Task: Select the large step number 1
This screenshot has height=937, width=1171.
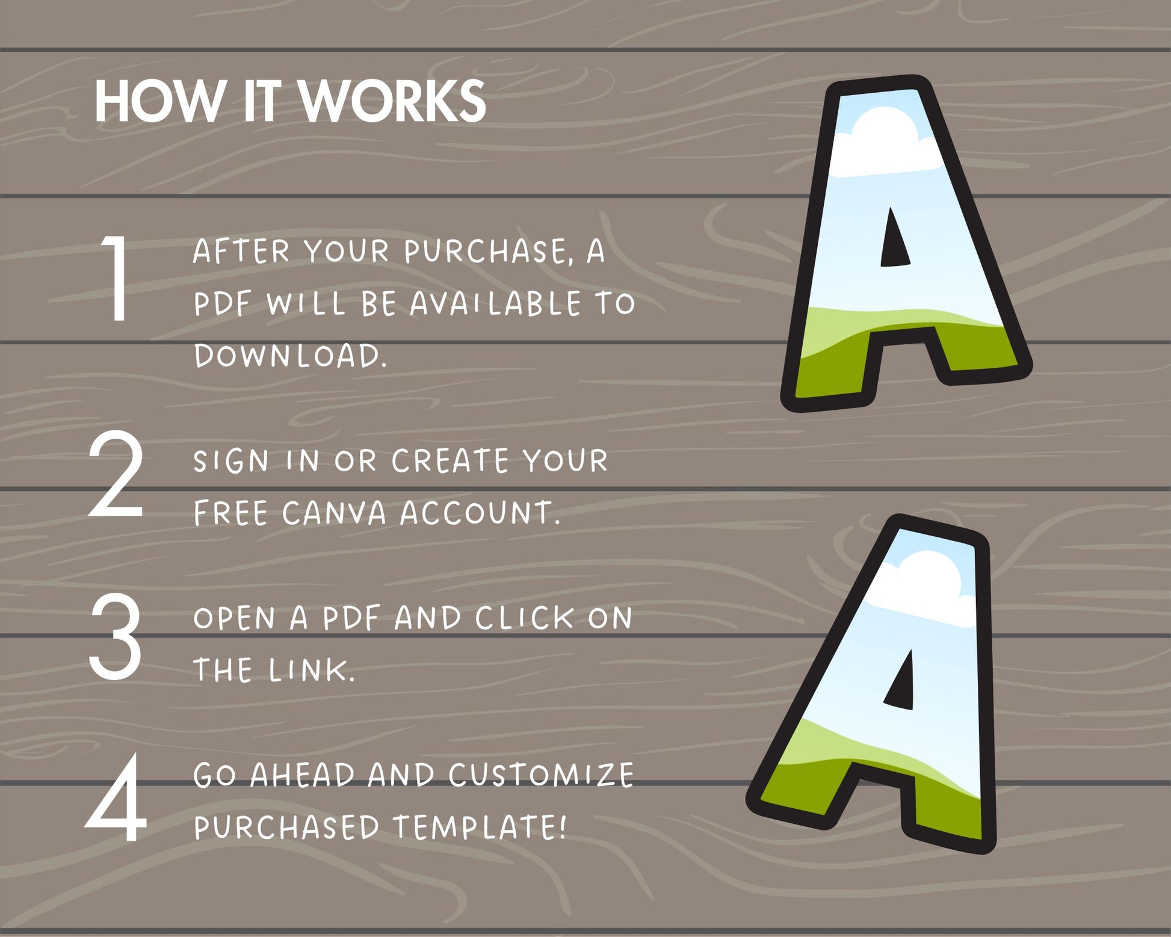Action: coord(115,278)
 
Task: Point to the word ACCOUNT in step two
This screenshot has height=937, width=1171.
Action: coord(480,513)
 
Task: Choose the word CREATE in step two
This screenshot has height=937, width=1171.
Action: coord(450,461)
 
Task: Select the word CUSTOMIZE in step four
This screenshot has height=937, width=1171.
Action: coord(540,775)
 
